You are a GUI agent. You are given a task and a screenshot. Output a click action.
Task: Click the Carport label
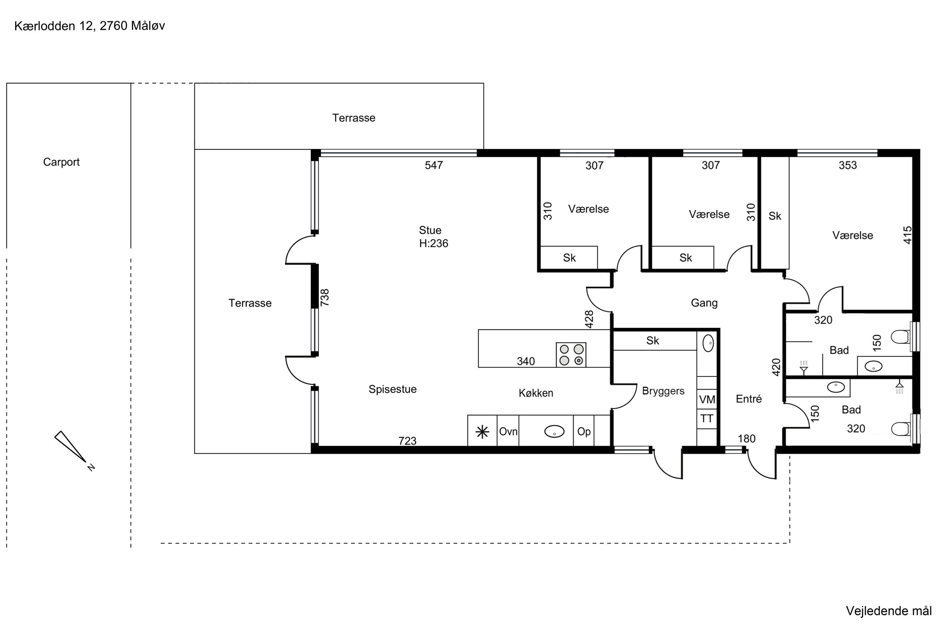(61, 162)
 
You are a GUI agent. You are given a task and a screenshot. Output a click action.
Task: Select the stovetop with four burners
(571, 355)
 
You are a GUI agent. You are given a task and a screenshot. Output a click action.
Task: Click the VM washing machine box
(707, 399)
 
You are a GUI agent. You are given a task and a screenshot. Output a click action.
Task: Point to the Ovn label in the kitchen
(508, 432)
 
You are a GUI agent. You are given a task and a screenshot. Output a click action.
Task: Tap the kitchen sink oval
(554, 431)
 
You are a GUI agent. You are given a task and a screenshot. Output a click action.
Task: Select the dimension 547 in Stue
(434, 165)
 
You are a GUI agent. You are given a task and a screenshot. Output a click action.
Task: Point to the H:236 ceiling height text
(433, 243)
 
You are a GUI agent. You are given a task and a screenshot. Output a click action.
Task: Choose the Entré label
(749, 399)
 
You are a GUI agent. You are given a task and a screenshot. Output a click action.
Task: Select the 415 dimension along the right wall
(908, 235)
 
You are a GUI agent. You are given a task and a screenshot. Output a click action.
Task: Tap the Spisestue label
(392, 389)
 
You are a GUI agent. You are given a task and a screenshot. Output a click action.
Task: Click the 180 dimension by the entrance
(747, 439)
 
